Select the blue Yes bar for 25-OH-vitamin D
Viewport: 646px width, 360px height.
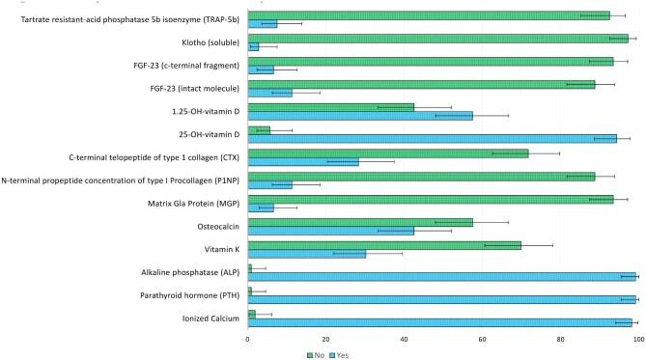click(432, 138)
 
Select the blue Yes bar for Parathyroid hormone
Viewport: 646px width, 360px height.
click(441, 299)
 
